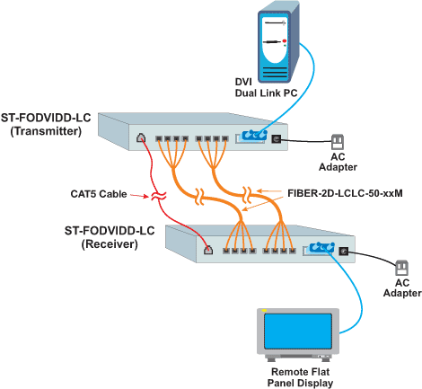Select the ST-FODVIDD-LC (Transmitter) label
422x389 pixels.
click(x=48, y=125)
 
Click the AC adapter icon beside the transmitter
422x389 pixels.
click(x=338, y=142)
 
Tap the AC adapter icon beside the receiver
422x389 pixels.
click(x=402, y=267)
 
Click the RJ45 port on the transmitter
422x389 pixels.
click(x=141, y=138)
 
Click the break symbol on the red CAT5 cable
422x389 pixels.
click(x=158, y=194)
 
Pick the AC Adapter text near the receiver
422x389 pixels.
click(x=401, y=287)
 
